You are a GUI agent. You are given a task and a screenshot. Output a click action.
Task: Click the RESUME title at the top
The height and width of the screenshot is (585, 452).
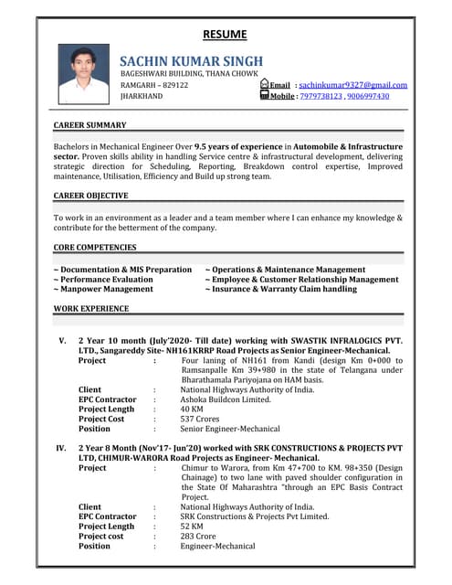(x=225, y=35)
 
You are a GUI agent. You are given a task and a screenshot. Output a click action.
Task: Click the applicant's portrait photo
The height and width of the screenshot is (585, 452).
(x=83, y=75)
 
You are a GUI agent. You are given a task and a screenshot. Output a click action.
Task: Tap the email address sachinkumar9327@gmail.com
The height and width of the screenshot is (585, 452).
(x=352, y=84)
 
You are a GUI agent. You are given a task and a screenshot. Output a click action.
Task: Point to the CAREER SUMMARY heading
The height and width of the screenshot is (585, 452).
(x=89, y=124)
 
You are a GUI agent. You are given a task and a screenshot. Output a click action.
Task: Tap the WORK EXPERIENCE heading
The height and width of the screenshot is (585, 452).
(x=91, y=309)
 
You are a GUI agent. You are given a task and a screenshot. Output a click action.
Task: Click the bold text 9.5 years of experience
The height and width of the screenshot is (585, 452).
(x=241, y=146)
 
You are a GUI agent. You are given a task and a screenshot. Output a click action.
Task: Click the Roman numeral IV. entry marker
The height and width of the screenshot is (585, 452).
(x=61, y=449)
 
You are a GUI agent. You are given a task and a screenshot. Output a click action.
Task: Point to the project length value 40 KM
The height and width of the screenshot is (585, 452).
(x=192, y=409)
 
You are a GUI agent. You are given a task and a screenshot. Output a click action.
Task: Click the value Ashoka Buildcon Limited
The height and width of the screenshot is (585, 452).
(x=226, y=399)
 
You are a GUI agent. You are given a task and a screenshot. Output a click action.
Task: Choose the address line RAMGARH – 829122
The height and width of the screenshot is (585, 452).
(x=154, y=84)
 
